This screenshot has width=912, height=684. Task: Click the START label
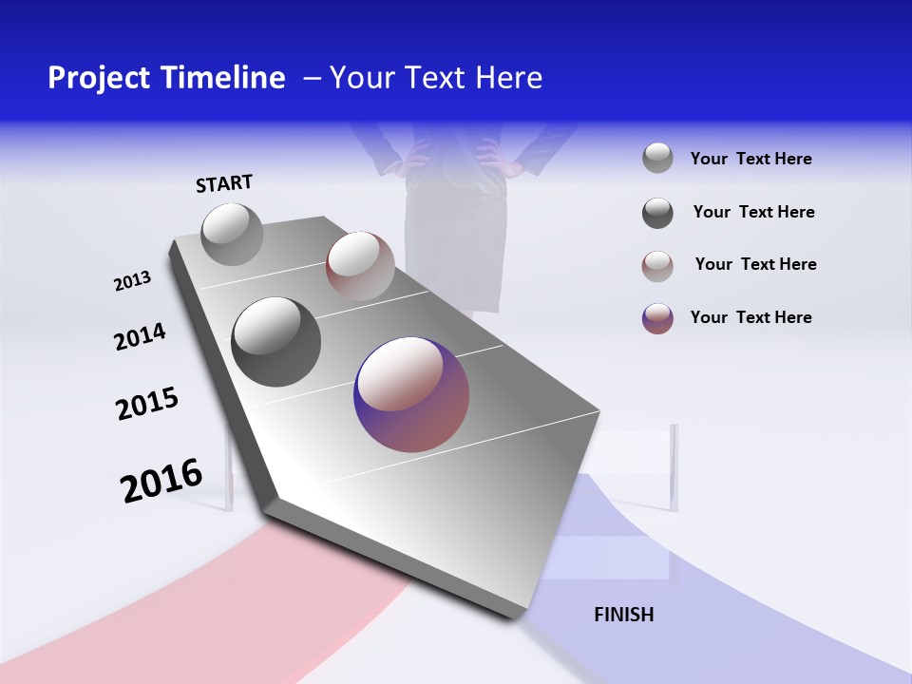(224, 183)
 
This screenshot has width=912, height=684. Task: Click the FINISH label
(624, 615)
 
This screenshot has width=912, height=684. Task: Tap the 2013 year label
(132, 281)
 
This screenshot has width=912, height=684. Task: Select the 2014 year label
(140, 337)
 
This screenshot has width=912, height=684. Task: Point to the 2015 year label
(147, 404)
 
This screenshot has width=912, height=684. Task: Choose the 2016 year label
(161, 481)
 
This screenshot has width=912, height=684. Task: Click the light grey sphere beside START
(232, 234)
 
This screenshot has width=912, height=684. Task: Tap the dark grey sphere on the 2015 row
(276, 342)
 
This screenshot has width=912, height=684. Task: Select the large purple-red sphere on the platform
(411, 394)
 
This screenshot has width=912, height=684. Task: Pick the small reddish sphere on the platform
(360, 266)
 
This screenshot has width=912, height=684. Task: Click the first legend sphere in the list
(657, 158)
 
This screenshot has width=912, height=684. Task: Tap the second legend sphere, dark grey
(657, 213)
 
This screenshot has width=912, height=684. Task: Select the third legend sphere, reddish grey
(657, 265)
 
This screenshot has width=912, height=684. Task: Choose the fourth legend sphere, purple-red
(657, 318)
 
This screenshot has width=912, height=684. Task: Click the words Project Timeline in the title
(166, 78)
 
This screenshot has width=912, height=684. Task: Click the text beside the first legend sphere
(750, 160)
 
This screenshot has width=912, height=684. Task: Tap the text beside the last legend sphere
(750, 317)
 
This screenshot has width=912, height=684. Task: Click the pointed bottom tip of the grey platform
(518, 616)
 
